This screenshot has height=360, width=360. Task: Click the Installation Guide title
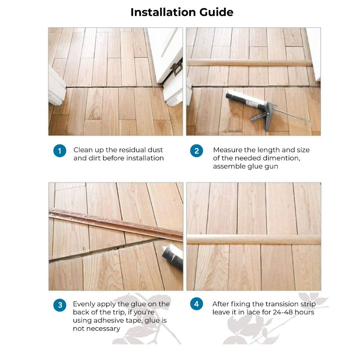pyautogui.click(x=182, y=12)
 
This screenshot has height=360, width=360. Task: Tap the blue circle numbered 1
pyautogui.click(x=60, y=151)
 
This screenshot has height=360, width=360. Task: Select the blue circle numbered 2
pyautogui.click(x=196, y=151)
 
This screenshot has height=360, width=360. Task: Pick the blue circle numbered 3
pyautogui.click(x=60, y=305)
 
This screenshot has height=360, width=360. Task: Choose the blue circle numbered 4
pyautogui.click(x=196, y=304)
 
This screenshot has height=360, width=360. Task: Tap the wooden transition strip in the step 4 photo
pyautogui.click(x=253, y=239)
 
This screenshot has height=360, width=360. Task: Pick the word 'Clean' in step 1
pyautogui.click(x=83, y=150)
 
